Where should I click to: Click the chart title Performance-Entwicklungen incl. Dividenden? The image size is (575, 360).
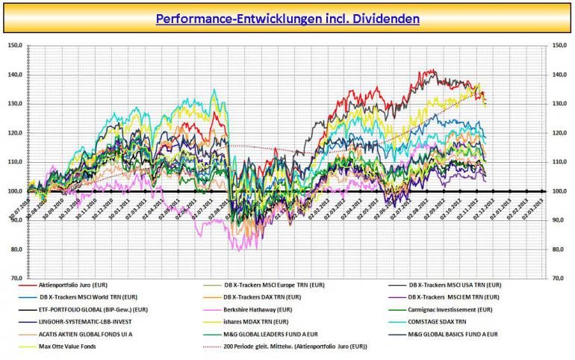click(x=287, y=17)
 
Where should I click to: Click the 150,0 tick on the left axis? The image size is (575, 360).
click(x=13, y=46)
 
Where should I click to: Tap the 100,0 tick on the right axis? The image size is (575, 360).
click(x=560, y=191)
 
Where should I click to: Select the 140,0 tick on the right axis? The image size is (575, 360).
click(x=560, y=75)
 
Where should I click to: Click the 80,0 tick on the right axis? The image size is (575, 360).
click(x=559, y=249)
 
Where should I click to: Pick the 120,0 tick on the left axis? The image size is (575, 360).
click(x=13, y=133)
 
